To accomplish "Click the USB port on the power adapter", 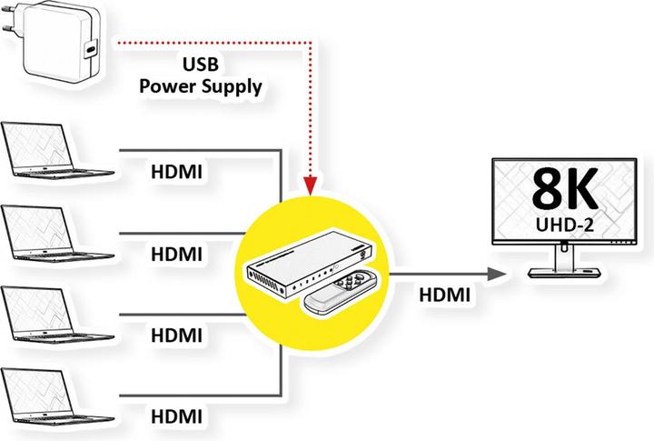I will (91, 51).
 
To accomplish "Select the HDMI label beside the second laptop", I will (176, 253).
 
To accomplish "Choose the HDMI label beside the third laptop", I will (176, 334).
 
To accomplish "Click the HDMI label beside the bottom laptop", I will (176, 416).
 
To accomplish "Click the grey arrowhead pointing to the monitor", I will (495, 273).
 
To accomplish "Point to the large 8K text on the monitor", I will (564, 191).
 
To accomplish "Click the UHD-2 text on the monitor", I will (564, 223).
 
